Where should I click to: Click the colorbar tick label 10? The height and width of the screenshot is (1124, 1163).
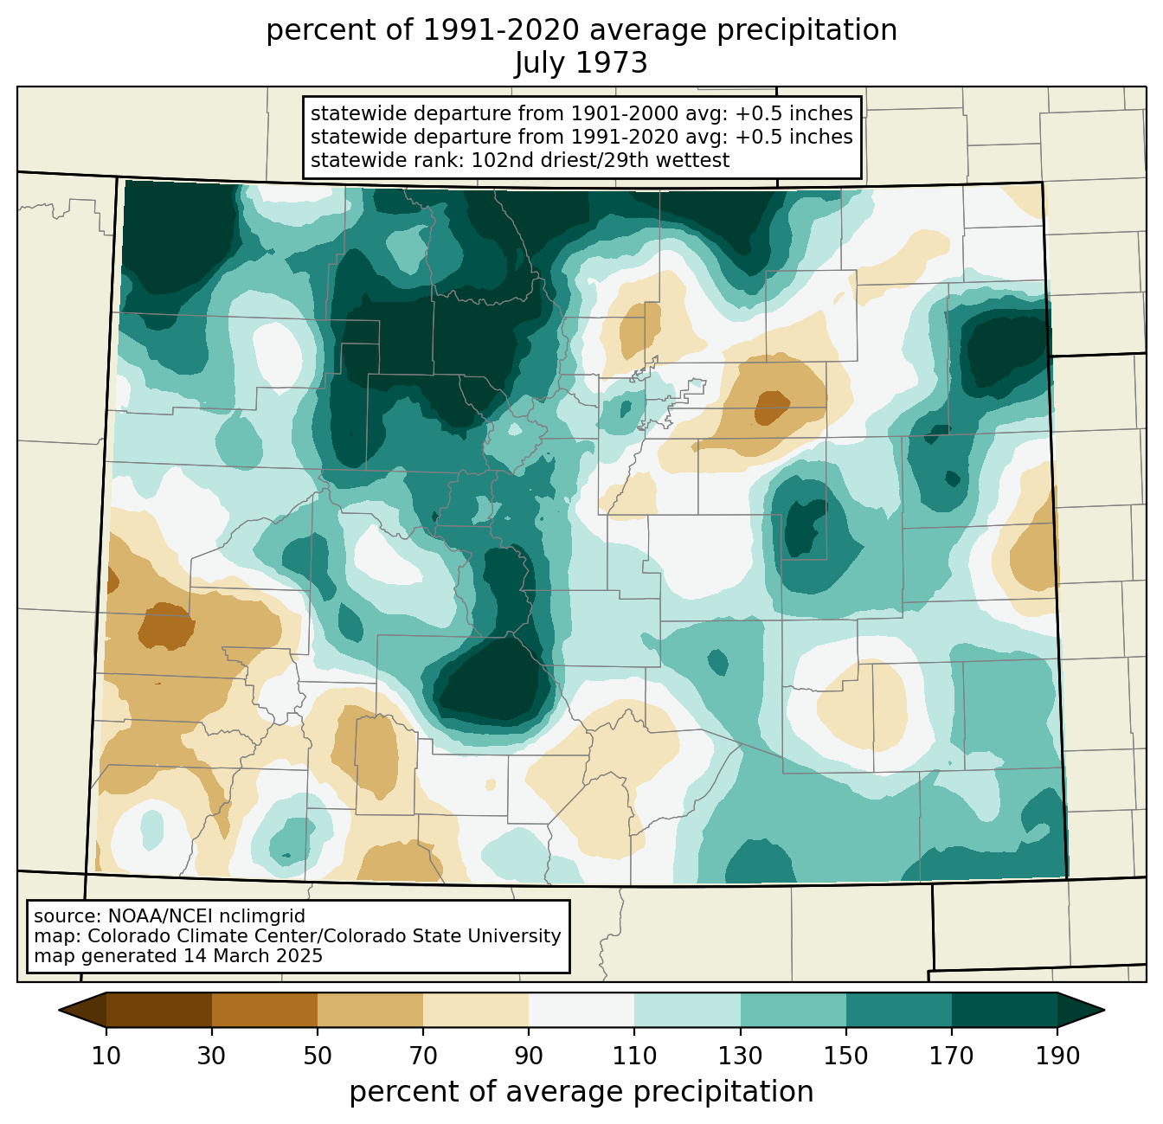tap(106, 1056)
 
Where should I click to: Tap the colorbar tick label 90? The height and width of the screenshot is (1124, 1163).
tap(529, 1056)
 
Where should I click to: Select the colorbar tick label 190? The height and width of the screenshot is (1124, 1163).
tap(1057, 1056)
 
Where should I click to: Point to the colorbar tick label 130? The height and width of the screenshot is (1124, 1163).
tap(740, 1056)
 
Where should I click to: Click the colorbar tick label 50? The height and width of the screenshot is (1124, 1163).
tap(318, 1056)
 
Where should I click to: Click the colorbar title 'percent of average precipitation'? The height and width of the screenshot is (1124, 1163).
tap(581, 1091)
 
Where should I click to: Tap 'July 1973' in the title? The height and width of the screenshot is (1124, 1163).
tap(581, 62)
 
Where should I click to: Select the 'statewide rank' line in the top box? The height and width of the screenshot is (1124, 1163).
tap(520, 160)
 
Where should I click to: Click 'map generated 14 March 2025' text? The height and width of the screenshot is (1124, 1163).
tap(178, 955)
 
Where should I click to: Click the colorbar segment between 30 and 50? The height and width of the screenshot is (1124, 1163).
tap(264, 1010)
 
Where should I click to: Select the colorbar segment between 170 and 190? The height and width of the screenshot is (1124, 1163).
tap(1004, 1010)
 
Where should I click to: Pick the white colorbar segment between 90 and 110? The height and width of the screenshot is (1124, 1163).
tap(581, 1010)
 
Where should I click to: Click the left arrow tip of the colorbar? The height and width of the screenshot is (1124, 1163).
tap(59, 1010)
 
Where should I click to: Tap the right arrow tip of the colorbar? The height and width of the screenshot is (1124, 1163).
tap(1104, 1010)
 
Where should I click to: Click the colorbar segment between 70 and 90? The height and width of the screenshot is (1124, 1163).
tap(476, 1010)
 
